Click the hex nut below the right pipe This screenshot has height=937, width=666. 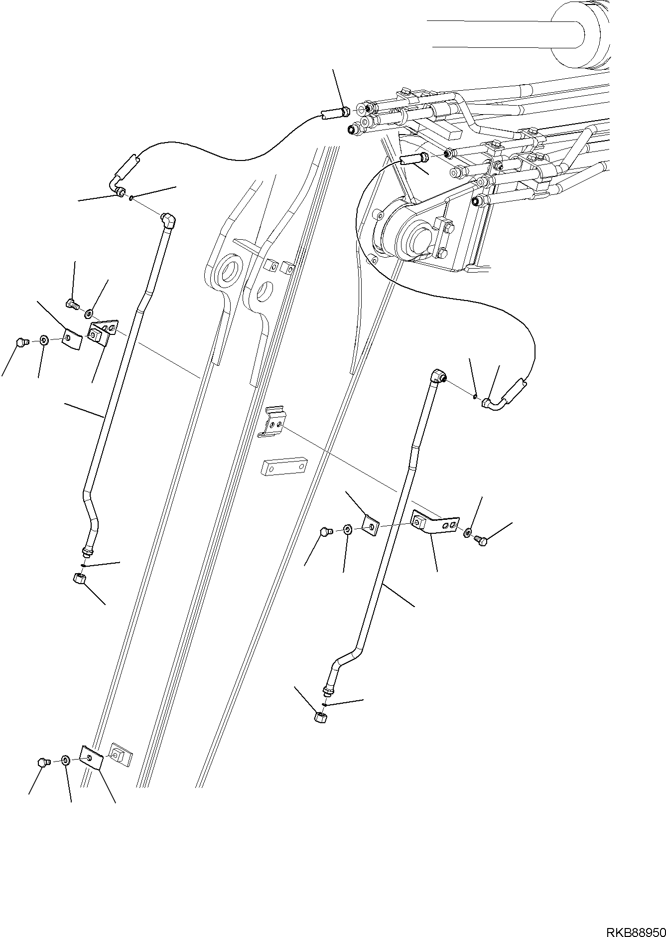coord(319,718)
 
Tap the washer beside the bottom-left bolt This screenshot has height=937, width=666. coord(65,761)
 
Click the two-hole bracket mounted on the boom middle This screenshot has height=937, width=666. coord(272,422)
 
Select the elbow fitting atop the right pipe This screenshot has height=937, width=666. coord(438,375)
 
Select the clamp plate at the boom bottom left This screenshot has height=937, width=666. coord(91,759)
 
